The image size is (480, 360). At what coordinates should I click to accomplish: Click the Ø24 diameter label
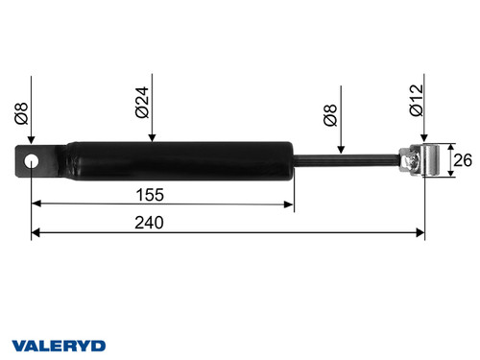click(142, 103)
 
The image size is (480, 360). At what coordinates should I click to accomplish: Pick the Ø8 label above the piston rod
click(329, 119)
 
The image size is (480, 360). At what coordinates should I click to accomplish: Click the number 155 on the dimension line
click(150, 194)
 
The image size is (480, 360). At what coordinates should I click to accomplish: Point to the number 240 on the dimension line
click(150, 223)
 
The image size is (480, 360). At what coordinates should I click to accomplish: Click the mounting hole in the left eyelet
click(32, 160)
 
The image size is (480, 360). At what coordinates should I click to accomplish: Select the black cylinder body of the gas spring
click(173, 160)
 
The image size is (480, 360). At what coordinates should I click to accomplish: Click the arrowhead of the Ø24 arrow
click(151, 139)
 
